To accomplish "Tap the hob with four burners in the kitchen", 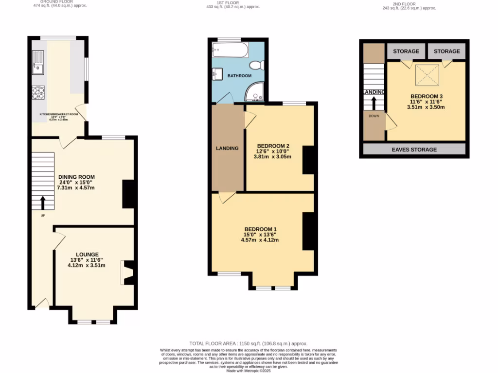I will point(38,92).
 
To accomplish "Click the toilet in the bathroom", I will point(256,65).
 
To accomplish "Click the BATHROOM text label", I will point(240,76).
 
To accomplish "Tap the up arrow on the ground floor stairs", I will point(43,202).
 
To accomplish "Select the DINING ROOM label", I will point(76,177).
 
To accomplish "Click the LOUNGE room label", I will point(87,254).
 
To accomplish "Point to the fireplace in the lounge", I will point(127,273).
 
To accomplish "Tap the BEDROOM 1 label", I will point(260,229).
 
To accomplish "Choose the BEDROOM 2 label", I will point(273,146).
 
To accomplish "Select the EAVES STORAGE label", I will point(414,150).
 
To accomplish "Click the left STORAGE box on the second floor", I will point(406,51).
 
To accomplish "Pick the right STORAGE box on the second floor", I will point(447,51).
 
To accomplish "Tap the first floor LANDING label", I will point(227,148).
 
